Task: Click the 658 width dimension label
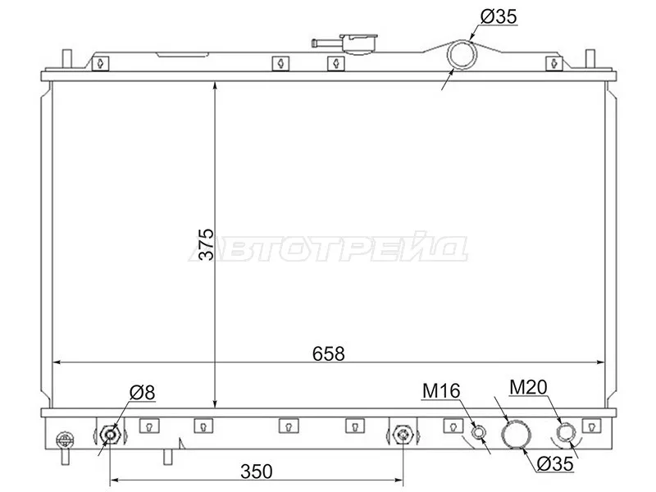329,353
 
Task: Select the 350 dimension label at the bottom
256,471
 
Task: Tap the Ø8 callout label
141,393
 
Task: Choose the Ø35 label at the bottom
555,464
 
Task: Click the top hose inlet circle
462,55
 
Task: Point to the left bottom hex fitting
111,433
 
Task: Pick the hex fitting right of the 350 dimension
401,433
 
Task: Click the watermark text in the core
328,248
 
